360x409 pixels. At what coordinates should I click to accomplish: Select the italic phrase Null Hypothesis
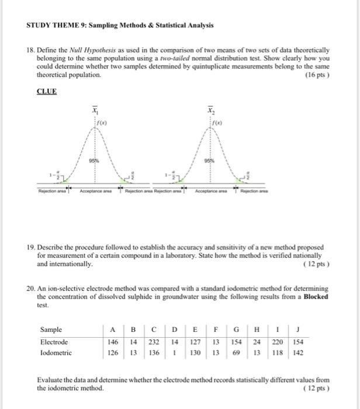[x=89, y=51]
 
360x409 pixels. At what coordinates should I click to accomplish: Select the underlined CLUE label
[x=46, y=92]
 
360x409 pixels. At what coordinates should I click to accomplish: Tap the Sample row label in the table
[x=51, y=330]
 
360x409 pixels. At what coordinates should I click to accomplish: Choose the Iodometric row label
[x=56, y=353]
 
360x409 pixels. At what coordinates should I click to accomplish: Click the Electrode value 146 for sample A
[x=113, y=342]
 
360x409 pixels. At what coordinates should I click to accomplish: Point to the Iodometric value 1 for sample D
[x=175, y=353]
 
